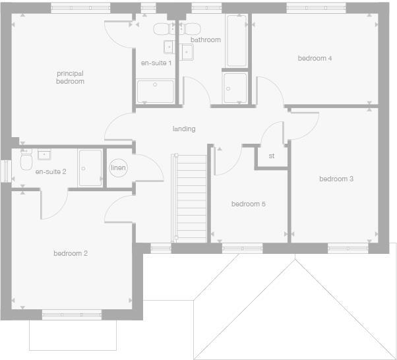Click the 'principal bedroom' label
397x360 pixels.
click(x=70, y=77)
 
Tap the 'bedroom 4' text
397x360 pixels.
click(x=315, y=59)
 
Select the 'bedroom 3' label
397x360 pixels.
click(x=336, y=179)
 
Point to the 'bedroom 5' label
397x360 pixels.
click(x=248, y=204)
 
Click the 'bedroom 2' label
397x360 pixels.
click(x=71, y=253)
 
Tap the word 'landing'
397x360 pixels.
click(x=184, y=129)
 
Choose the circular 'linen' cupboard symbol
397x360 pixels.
click(x=118, y=168)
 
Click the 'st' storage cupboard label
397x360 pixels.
click(x=271, y=156)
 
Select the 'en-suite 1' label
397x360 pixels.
click(x=156, y=63)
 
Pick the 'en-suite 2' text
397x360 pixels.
click(x=51, y=171)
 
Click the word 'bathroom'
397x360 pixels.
click(x=206, y=40)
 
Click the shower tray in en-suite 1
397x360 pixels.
click(x=156, y=91)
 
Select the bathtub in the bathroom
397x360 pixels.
click(x=236, y=40)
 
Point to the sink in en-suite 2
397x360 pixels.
click(x=46, y=155)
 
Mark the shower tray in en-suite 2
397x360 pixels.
click(x=90, y=167)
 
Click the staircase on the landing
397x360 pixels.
click(x=189, y=198)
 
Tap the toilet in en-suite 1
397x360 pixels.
click(x=162, y=29)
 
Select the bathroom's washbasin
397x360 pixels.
click(x=187, y=53)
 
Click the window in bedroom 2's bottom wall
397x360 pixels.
click(x=71, y=315)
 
